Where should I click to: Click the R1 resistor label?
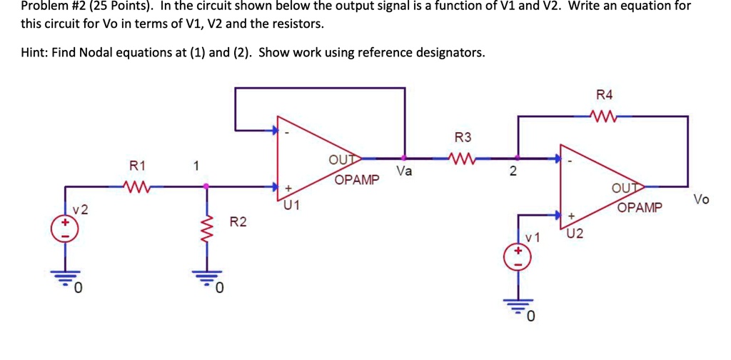click(x=137, y=166)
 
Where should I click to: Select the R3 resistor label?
click(x=463, y=137)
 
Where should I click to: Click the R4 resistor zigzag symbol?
click(x=603, y=116)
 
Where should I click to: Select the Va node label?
click(x=404, y=172)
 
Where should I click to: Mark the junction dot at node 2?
click(x=518, y=159)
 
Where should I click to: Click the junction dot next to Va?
click(x=405, y=159)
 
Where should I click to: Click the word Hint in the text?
click(x=33, y=53)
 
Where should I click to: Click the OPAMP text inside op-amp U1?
click(x=357, y=179)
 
